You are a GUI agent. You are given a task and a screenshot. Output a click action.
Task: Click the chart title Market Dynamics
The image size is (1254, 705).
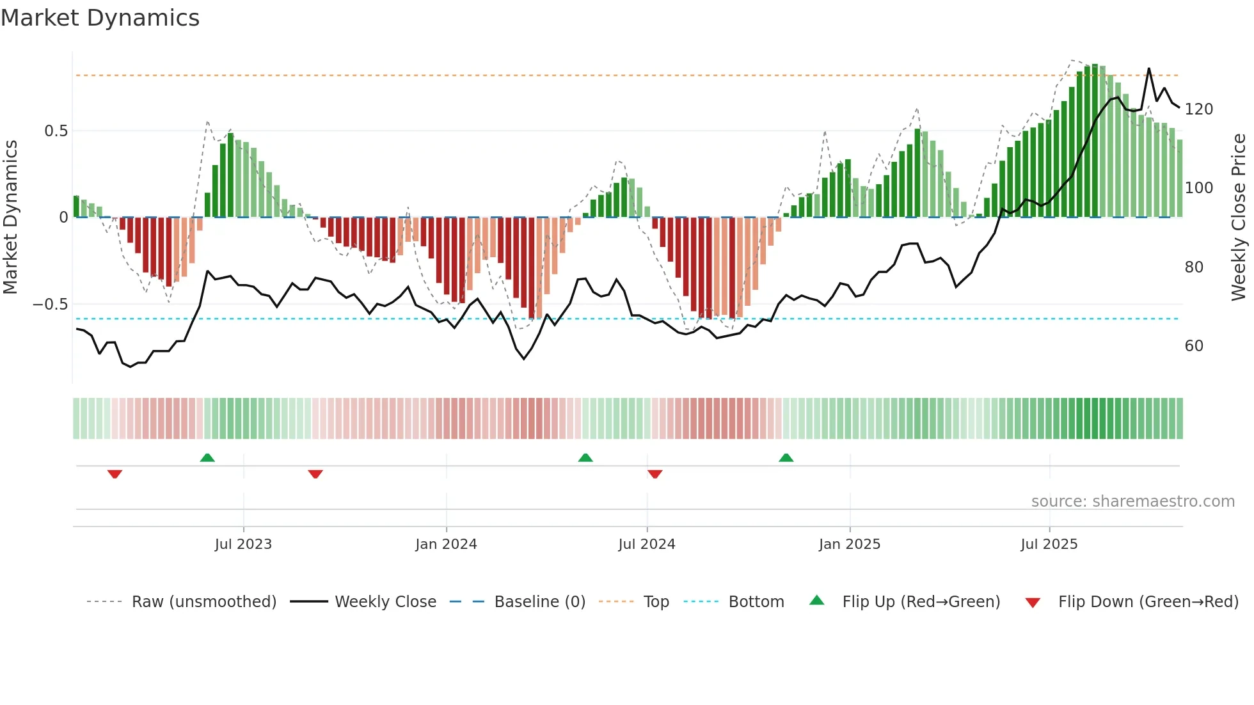coord(100,18)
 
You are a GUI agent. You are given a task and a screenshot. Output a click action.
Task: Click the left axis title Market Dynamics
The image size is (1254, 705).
coord(10,218)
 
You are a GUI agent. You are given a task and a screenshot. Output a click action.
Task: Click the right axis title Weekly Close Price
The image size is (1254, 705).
coord(1239,218)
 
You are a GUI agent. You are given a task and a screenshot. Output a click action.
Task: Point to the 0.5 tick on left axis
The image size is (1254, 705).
coord(56,131)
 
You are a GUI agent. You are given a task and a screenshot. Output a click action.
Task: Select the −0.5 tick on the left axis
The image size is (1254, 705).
coord(51,305)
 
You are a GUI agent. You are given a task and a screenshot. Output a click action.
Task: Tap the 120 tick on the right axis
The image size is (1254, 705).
coord(1198,109)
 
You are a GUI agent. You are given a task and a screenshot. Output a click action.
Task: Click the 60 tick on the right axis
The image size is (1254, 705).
coord(1194,346)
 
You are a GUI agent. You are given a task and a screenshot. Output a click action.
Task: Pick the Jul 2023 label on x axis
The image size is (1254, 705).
coord(243,544)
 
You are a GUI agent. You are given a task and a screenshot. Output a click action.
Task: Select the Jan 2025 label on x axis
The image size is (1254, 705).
coord(850,544)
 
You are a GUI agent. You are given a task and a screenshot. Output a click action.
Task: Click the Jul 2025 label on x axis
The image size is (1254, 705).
coord(1049,544)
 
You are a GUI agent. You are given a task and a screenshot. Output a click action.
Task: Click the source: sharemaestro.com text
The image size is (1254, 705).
coord(1132,502)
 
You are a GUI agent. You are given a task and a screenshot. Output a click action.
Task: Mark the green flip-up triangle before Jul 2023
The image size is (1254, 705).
coord(207,457)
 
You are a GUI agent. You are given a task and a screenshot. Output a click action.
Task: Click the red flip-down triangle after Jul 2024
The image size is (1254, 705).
coord(655,474)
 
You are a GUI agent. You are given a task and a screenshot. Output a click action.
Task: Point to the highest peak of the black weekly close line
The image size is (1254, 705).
coord(1149,68)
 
